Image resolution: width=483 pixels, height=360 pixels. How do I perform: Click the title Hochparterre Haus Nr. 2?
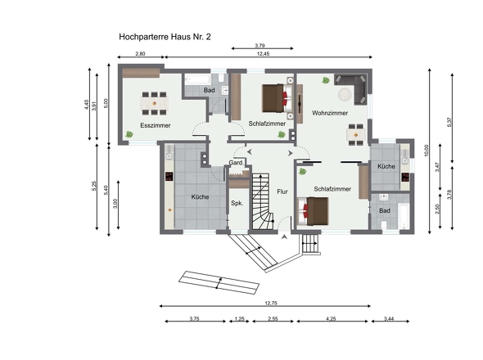pyautogui.click(x=165, y=37)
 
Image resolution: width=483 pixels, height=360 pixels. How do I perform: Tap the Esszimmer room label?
pyautogui.click(x=156, y=125)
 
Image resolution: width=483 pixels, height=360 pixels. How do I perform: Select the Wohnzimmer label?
pyautogui.click(x=330, y=113)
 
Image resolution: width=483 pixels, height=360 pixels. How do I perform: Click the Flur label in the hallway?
pyautogui.click(x=282, y=191)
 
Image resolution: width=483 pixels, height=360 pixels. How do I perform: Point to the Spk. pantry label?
pyautogui.click(x=237, y=203)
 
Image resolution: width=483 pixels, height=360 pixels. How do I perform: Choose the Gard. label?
pyautogui.click(x=237, y=163)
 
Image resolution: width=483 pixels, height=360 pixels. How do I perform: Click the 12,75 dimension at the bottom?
pyautogui.click(x=271, y=303)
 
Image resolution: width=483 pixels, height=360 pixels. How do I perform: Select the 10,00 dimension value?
pyautogui.click(x=427, y=151)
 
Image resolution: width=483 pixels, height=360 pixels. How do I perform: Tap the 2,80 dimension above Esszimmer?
pyautogui.click(x=140, y=53)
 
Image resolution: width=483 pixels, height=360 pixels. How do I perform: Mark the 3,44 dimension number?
pyautogui.click(x=389, y=319)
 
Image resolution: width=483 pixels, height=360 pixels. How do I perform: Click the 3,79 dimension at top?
pyautogui.click(x=260, y=46)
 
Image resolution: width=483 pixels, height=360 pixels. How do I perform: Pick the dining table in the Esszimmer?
pyautogui.click(x=155, y=103)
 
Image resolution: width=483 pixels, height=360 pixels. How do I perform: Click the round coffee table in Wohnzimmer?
pyautogui.click(x=345, y=95)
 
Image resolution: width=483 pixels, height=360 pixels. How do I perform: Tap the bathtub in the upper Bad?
pyautogui.click(x=198, y=79)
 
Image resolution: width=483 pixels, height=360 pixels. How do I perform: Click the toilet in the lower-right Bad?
pyautogui.click(x=384, y=225)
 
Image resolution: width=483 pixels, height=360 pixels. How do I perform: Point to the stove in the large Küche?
pyautogui.click(x=169, y=177)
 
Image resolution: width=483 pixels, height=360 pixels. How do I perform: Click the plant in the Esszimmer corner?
pyautogui.click(x=129, y=134)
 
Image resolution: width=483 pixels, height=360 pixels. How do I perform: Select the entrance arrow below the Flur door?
pyautogui.click(x=284, y=236)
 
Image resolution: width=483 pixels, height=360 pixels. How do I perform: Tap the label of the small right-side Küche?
pyautogui.click(x=386, y=166)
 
